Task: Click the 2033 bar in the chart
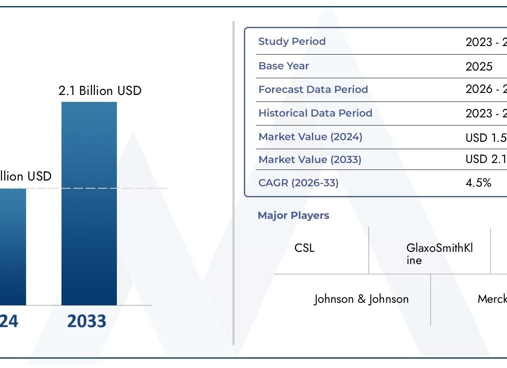point(89,204)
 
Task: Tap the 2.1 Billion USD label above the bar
point(100,90)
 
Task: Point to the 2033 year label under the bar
point(86,321)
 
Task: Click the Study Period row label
point(292,42)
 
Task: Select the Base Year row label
point(283,66)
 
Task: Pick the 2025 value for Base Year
point(479,66)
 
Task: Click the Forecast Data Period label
point(313,90)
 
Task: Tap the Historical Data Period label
point(315,113)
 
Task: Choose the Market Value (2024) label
point(310,137)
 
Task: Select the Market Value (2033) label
point(309,160)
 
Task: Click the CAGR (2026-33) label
point(298,183)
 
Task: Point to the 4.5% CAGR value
point(478,183)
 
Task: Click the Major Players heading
point(293,216)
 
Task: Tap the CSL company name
point(304,248)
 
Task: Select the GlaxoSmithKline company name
point(439,253)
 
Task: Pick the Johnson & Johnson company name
point(361,299)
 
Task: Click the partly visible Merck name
point(492,299)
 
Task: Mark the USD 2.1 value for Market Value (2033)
point(486,159)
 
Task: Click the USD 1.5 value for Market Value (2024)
point(486,137)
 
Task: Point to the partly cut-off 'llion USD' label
point(26,176)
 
